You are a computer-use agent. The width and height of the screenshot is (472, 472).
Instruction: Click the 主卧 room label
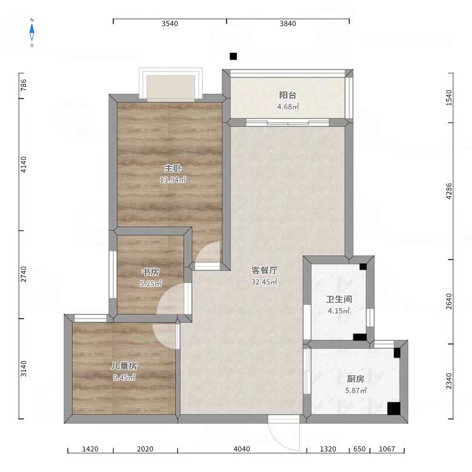(173, 168)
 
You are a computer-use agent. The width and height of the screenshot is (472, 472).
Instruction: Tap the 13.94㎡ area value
(173, 180)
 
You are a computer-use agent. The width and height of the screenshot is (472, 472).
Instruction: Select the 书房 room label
(150, 272)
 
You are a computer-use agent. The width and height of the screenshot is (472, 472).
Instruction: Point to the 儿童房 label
(124, 366)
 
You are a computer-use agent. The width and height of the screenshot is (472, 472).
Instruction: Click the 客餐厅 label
(264, 270)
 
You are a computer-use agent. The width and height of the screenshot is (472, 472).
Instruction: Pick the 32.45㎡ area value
(264, 282)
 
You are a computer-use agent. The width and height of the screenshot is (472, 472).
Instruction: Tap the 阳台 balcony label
(288, 95)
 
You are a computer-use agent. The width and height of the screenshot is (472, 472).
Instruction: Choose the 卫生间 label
(339, 299)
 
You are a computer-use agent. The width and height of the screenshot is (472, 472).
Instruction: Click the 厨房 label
(356, 379)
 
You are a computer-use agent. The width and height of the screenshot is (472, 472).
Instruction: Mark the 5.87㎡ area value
(356, 391)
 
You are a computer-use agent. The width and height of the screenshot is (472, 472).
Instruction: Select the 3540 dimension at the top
(170, 24)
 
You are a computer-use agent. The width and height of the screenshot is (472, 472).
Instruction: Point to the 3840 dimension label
(288, 24)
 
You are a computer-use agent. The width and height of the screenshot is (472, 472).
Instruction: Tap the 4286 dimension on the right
(449, 191)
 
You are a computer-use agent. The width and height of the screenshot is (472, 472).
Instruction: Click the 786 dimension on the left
(24, 85)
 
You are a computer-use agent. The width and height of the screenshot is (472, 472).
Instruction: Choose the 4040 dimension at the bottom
(242, 449)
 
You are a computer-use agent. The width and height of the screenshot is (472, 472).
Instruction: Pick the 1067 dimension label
(387, 449)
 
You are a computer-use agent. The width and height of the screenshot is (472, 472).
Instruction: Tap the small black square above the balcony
(233, 56)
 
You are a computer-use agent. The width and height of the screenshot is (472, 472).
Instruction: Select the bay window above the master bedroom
(171, 84)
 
